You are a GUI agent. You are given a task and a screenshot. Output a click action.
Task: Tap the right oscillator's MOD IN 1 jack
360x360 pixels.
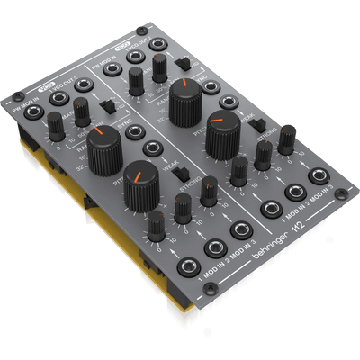tap(267, 210)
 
